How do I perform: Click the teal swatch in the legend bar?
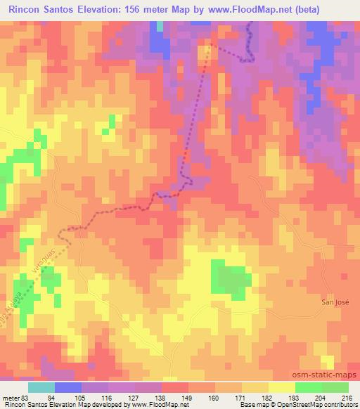point(41,387)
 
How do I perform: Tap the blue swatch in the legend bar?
point(68,387)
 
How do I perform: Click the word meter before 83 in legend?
point(10,397)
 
